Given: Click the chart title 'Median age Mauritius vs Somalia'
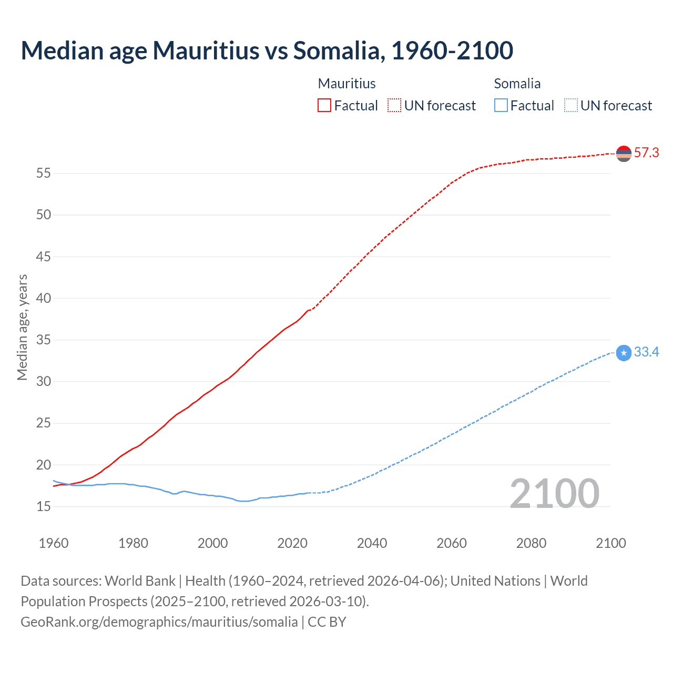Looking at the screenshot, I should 267,50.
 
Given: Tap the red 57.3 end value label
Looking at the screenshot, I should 646,153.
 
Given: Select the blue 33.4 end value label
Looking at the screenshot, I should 646,352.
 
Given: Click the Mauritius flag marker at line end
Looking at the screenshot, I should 624,154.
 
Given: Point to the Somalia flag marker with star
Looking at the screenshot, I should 624,353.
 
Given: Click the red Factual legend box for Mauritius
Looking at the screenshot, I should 324,106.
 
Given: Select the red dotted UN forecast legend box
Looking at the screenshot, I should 394,106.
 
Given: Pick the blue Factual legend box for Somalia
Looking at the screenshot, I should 501,106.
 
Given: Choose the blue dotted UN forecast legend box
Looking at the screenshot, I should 571,106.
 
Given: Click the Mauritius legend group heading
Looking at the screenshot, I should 347,84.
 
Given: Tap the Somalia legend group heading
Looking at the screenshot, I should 517,84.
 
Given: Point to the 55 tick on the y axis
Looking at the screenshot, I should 44,174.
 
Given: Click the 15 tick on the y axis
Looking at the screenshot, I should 44,507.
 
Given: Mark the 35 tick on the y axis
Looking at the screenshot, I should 44,340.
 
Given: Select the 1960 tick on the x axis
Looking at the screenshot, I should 54,543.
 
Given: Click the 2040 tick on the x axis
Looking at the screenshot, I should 372,543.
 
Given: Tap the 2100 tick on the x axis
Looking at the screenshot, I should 610,543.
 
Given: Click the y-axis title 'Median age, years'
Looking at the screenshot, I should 22,327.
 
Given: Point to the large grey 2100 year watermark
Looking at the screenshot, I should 554,494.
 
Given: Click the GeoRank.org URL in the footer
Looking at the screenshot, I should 159,622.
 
